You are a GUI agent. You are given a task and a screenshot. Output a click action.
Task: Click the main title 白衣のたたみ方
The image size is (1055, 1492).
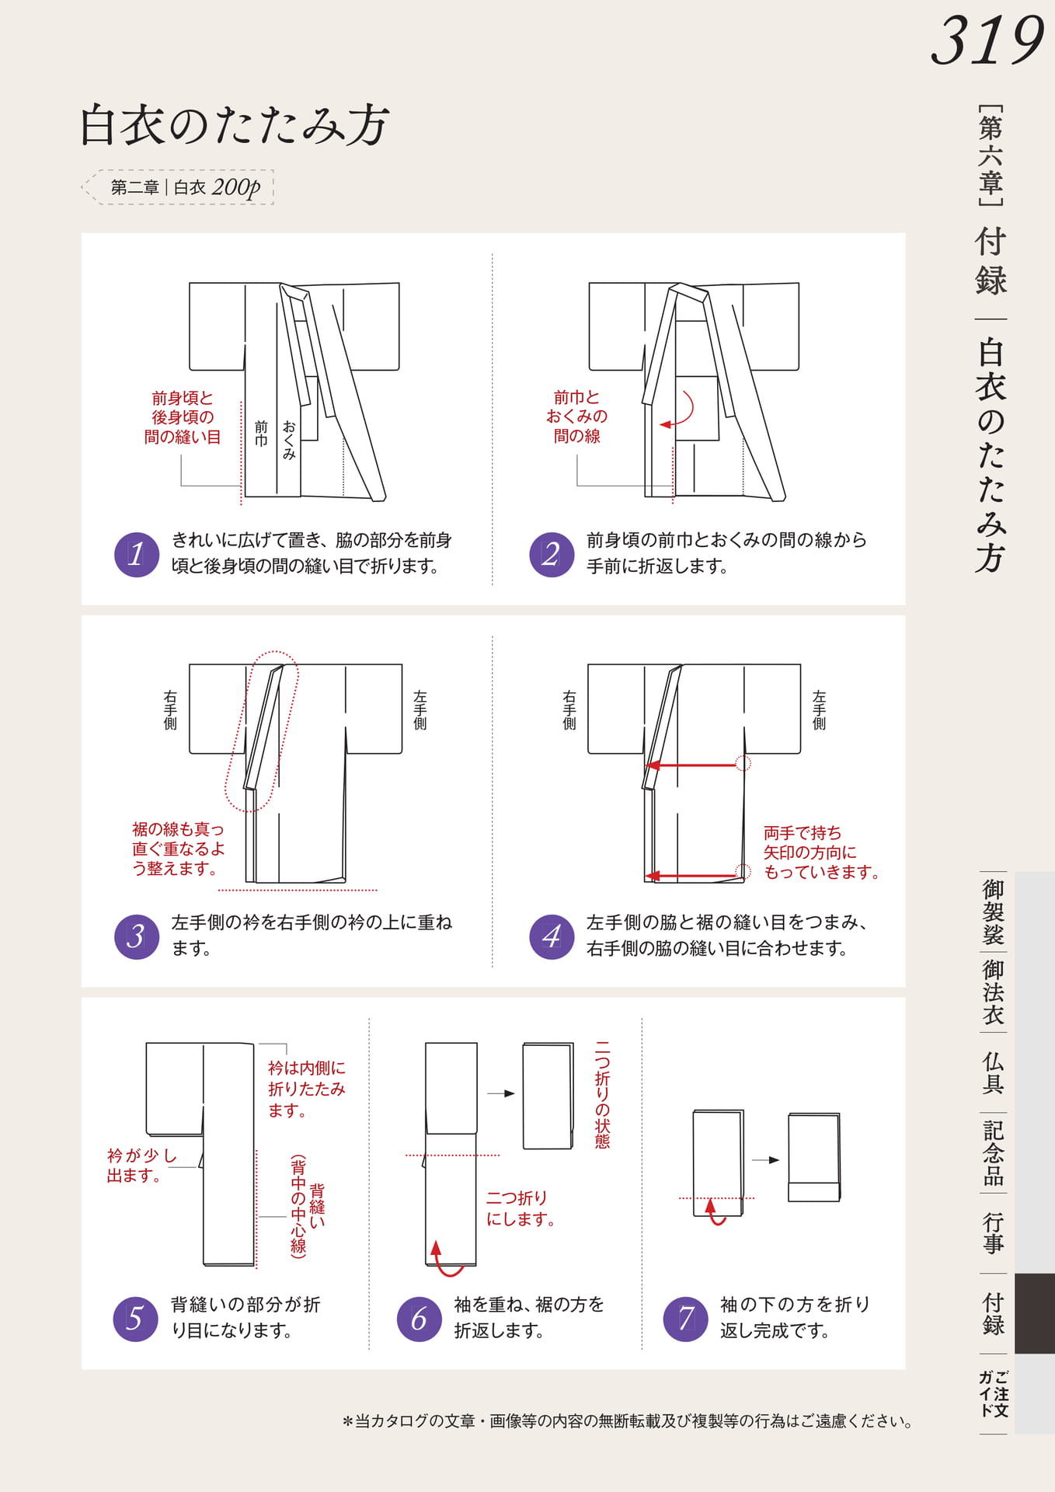[x=234, y=124]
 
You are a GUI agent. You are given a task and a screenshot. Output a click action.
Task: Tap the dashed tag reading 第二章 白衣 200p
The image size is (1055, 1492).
[x=178, y=187]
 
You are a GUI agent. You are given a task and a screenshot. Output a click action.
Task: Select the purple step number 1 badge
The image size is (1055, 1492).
[x=137, y=554]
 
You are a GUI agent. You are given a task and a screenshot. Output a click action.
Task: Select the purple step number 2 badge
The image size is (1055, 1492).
[x=552, y=554]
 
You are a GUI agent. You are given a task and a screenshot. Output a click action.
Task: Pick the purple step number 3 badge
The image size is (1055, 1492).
[x=137, y=936]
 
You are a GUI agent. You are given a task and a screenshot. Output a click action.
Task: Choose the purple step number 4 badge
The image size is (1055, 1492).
[x=552, y=936]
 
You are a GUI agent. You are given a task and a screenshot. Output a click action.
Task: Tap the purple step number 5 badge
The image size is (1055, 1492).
[x=135, y=1319]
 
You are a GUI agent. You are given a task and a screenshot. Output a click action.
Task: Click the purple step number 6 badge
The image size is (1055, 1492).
[x=420, y=1319]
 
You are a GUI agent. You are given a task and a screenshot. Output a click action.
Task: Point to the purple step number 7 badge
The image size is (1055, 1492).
[x=686, y=1319]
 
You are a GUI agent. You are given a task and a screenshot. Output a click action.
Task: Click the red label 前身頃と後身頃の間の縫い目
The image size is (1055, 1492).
[x=183, y=417]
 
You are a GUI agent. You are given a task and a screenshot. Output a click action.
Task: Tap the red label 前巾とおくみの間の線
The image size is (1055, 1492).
[x=577, y=417]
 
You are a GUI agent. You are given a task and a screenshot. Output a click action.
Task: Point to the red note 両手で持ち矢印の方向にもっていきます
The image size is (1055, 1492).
[x=821, y=852]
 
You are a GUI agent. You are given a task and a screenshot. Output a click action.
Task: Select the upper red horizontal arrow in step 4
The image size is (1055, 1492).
[x=692, y=765]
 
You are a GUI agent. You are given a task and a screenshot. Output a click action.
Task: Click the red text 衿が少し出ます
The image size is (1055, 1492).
[x=142, y=1166]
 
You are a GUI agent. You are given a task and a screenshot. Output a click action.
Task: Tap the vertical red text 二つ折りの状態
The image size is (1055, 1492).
[x=602, y=1095]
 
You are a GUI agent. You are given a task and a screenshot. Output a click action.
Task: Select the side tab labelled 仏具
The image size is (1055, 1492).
[x=993, y=1072]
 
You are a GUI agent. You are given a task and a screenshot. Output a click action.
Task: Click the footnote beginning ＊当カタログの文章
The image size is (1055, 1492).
[x=628, y=1421]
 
